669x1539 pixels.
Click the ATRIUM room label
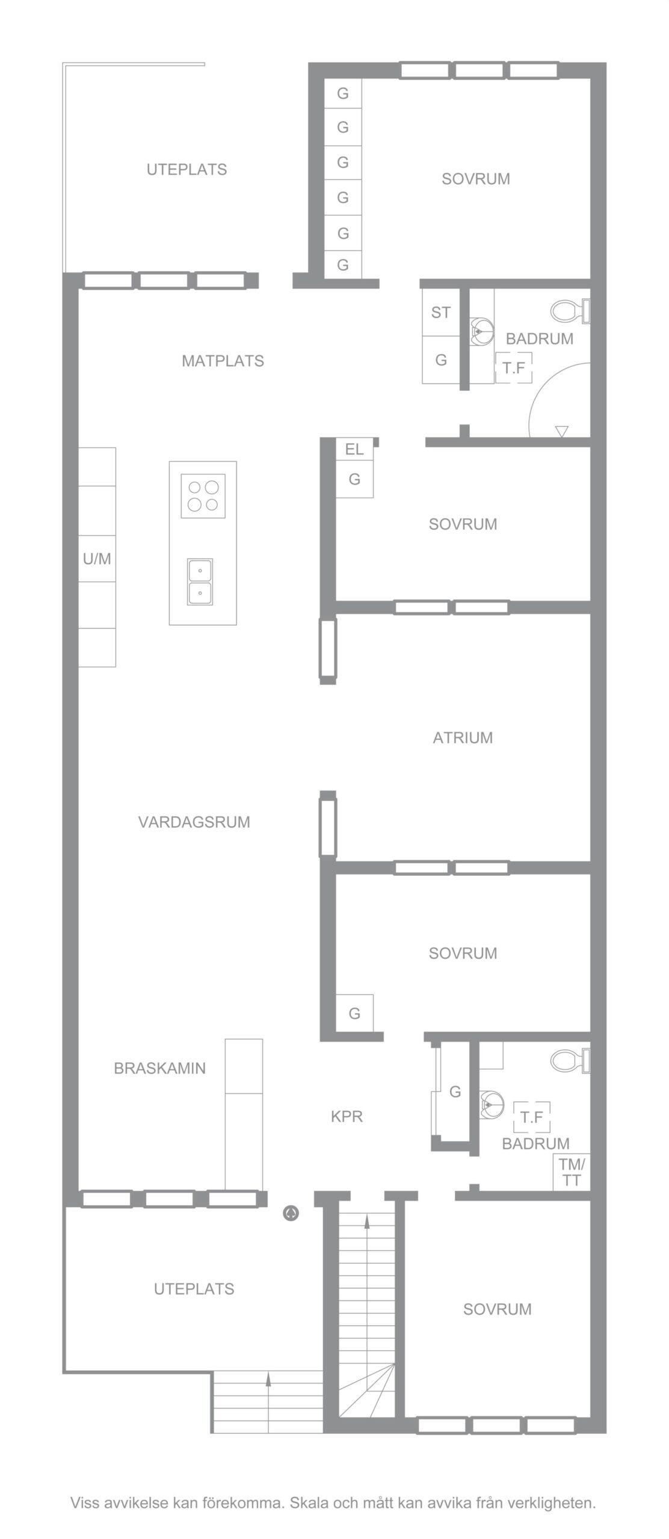coord(463,738)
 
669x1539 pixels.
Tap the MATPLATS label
coord(223,361)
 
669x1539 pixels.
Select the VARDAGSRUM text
coord(194,822)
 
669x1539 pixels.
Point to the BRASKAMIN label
coord(159,1068)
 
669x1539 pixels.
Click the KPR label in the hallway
coord(347,1116)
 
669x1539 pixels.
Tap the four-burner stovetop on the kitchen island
coord(203,496)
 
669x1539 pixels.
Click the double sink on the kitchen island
coord(200,582)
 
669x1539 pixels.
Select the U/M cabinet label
coord(97,559)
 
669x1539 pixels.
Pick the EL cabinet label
coord(354,449)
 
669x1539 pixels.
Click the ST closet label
coord(441,313)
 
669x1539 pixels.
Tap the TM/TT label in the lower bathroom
coord(572,1172)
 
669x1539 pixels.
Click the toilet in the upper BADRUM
coord(569,311)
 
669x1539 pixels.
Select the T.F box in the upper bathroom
coord(514,368)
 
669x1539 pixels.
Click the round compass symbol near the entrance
coord(291,1214)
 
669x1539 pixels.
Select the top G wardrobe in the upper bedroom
coord(343,94)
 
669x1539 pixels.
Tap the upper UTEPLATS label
coord(187,170)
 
